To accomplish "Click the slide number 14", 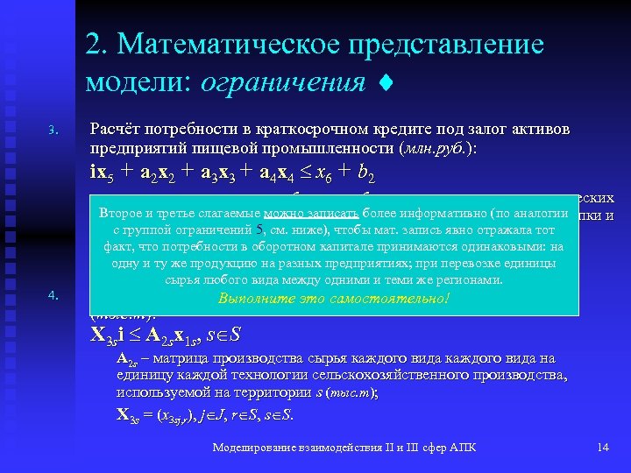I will tap(602, 448).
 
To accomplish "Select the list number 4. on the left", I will tap(53, 295).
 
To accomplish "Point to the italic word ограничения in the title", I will tap(282, 82).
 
